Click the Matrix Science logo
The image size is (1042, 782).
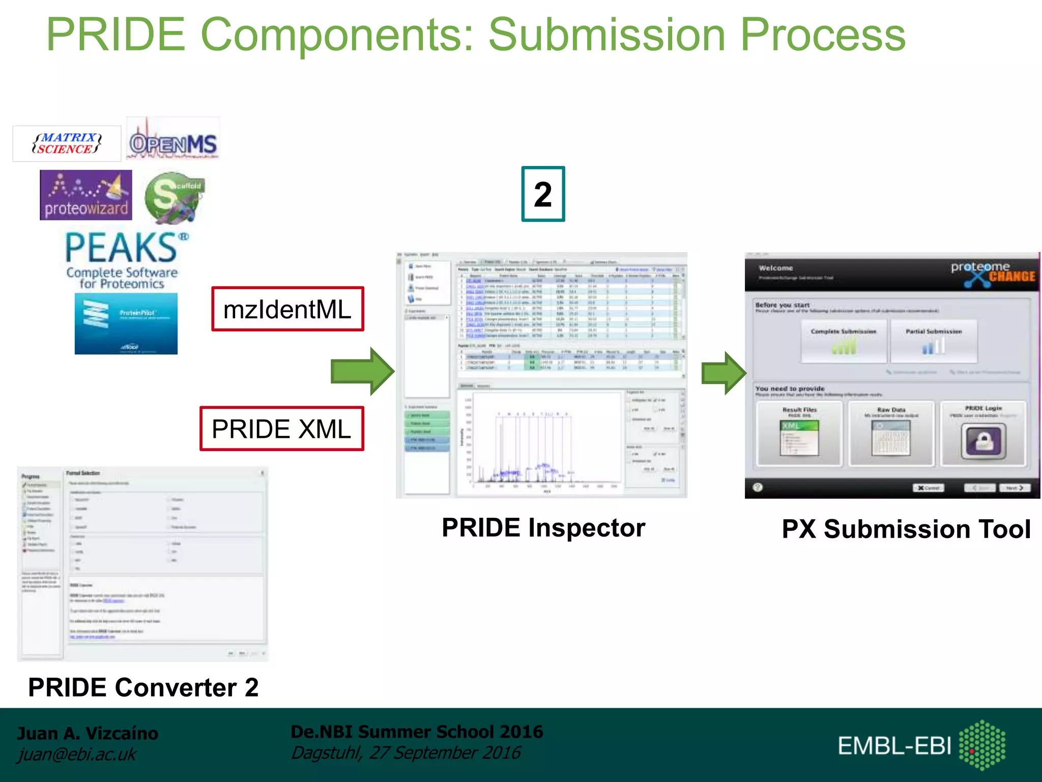pyautogui.click(x=67, y=144)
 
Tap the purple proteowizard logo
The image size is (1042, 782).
pyautogui.click(x=86, y=195)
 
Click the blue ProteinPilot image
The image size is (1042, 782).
pyautogui.click(x=126, y=324)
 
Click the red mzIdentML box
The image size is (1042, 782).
pyautogui.click(x=287, y=310)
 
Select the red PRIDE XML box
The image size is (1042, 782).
pyautogui.click(x=281, y=429)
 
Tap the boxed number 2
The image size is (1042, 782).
pyautogui.click(x=543, y=194)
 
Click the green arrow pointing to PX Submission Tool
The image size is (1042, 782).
pyautogui.click(x=723, y=373)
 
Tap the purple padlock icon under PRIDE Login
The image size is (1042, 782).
pyautogui.click(x=983, y=441)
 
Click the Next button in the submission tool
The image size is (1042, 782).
pyautogui.click(x=1015, y=488)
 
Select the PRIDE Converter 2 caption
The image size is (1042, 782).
pyautogui.click(x=143, y=687)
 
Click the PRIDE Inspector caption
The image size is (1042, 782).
pyautogui.click(x=543, y=527)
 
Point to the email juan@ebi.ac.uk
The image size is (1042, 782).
pyautogui.click(x=77, y=754)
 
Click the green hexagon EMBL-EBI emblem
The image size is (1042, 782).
pyautogui.click(x=982, y=745)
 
